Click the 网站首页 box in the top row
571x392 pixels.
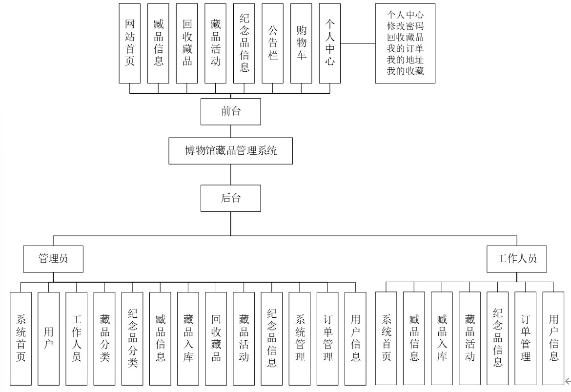(x=129, y=43)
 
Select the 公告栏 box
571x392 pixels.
(x=273, y=43)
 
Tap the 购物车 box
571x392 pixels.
(x=302, y=43)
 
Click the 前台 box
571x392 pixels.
(x=230, y=111)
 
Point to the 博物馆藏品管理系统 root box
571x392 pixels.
(x=230, y=151)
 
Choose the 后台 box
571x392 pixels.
(x=230, y=199)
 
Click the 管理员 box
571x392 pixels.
(x=53, y=259)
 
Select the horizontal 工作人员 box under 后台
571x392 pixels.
(x=517, y=259)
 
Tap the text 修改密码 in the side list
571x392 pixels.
(x=405, y=26)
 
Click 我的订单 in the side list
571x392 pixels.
(x=405, y=49)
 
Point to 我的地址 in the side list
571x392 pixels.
(x=405, y=60)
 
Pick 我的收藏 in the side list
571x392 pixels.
(x=405, y=71)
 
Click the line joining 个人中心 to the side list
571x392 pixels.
(x=358, y=43)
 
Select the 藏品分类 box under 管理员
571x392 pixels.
(x=104, y=338)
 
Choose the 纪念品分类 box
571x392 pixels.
(x=132, y=338)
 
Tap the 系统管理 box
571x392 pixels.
(x=299, y=338)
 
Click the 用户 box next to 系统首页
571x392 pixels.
(x=49, y=338)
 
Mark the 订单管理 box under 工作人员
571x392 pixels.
(x=526, y=338)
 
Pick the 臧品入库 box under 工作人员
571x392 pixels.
(x=442, y=338)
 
